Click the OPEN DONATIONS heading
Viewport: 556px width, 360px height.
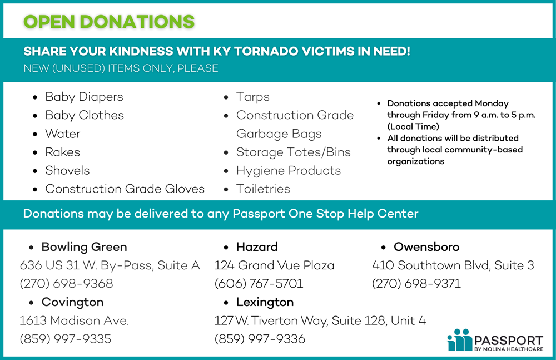point(109,21)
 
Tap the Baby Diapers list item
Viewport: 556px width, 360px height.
point(84,97)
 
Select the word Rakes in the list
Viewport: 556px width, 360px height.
point(63,152)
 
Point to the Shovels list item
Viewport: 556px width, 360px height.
point(67,170)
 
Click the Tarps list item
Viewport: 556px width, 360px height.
point(252,97)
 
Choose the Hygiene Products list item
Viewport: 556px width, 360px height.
point(288,170)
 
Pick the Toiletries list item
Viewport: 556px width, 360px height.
point(263,189)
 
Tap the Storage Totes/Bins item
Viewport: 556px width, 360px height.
point(293,152)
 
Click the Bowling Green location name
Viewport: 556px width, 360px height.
point(84,246)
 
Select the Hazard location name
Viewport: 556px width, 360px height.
point(256,246)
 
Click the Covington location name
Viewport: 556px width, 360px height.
point(72,302)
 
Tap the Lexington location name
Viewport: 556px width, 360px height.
point(265,302)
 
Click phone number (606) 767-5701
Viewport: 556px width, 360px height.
point(259,284)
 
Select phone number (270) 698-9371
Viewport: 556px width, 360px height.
point(416,284)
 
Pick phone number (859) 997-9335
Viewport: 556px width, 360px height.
point(65,339)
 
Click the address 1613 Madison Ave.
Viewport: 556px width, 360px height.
point(74,320)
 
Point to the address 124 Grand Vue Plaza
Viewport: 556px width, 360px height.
point(274,265)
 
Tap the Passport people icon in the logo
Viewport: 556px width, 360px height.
point(459,339)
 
